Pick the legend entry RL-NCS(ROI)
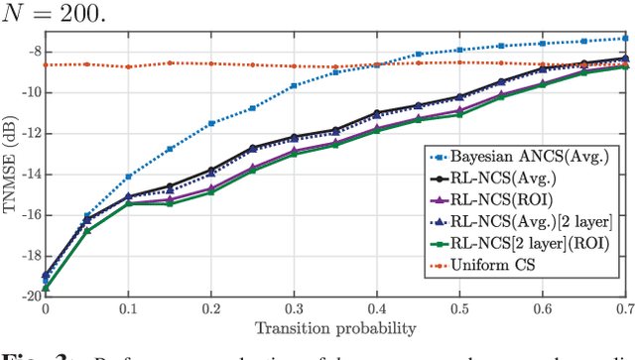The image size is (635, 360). click(502, 201)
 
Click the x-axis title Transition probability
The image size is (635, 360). click(334, 328)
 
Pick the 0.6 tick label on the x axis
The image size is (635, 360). click(542, 309)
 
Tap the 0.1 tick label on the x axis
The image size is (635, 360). click(127, 309)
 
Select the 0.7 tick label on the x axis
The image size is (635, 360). click(623, 309)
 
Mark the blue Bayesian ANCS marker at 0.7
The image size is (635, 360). click(624, 38)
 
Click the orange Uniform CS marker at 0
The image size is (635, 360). click(45, 64)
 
